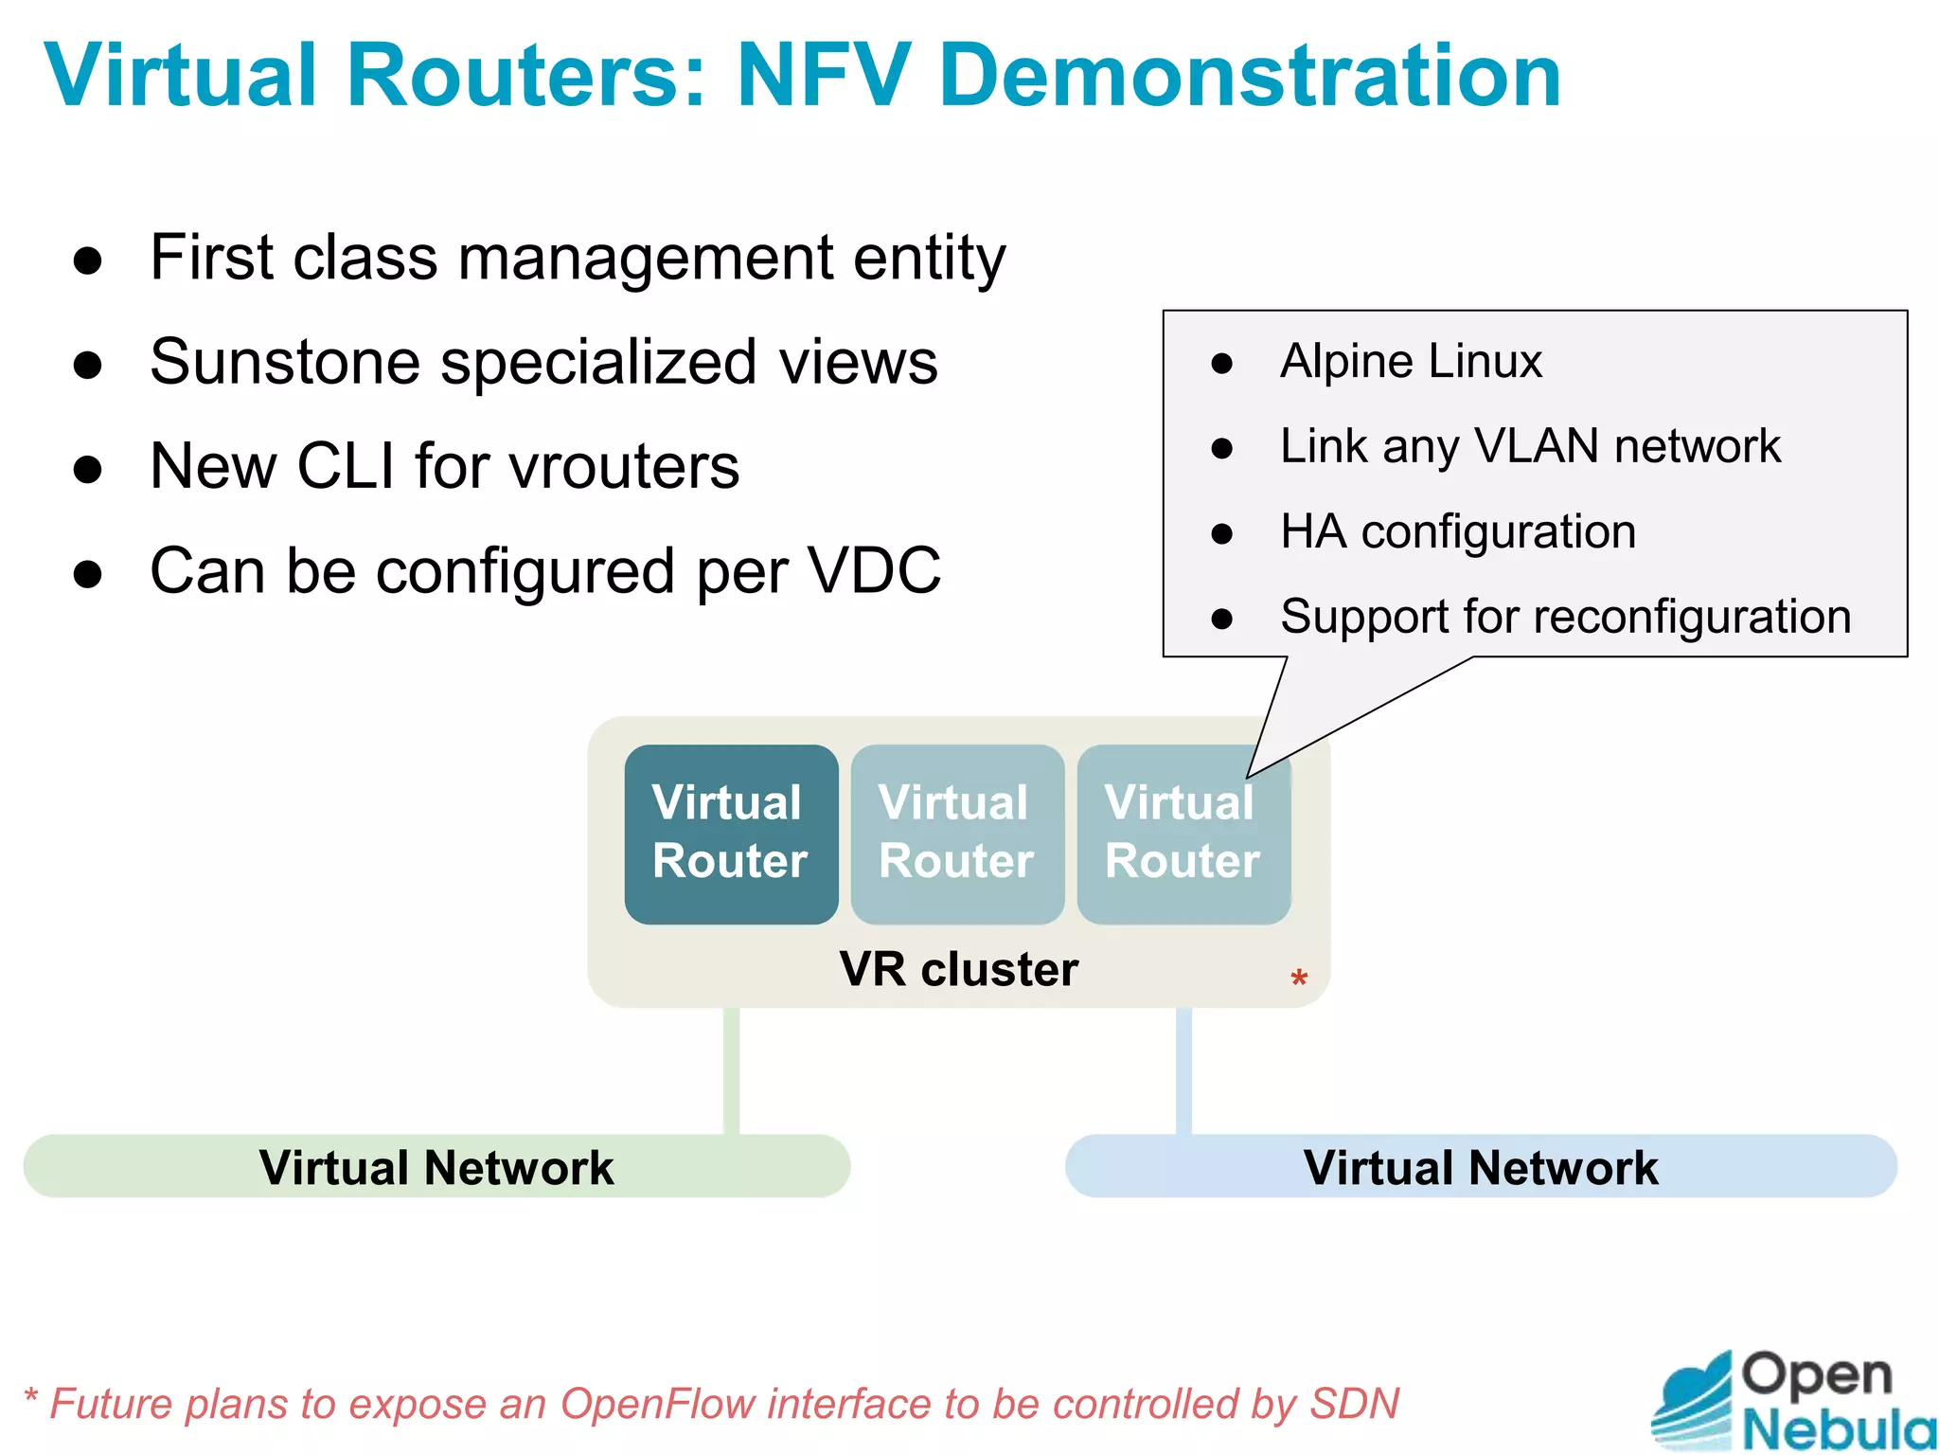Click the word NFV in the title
(x=824, y=76)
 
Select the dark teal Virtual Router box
(x=731, y=834)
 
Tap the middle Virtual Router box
(x=957, y=834)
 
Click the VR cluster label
(x=958, y=969)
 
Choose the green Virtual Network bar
(x=436, y=1167)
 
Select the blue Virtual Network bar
(x=1480, y=1167)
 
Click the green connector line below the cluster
(x=731, y=1070)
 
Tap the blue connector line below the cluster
(x=1183, y=1070)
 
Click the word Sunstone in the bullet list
(x=285, y=363)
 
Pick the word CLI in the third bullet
(x=346, y=466)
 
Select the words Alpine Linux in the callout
(x=1411, y=362)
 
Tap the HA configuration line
(x=1458, y=531)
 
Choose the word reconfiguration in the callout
(x=1693, y=618)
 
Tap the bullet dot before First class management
(x=87, y=260)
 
